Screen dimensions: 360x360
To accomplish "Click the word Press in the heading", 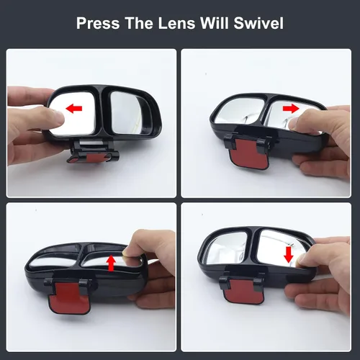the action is (x=98, y=23).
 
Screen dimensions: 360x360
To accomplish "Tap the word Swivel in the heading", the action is (x=258, y=23).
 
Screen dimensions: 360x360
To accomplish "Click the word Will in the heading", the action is (x=215, y=23).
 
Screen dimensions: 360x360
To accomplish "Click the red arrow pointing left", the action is (x=74, y=109).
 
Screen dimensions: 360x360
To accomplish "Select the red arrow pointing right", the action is (x=291, y=109).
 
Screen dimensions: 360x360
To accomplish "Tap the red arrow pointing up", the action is (x=111, y=264).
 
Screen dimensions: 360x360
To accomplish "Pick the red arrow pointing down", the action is (x=289, y=255).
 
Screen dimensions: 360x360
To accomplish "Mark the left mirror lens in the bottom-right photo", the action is (x=227, y=248).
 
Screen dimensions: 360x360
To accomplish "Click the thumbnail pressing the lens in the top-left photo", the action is (x=55, y=117).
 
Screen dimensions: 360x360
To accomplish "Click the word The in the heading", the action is (x=138, y=23).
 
